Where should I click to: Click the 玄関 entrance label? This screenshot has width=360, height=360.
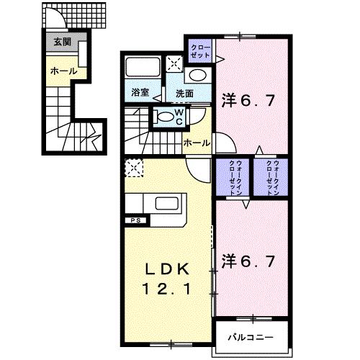click(x=60, y=42)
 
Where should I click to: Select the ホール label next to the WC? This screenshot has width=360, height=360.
click(x=197, y=143)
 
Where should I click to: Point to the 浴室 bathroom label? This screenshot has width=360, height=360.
click(x=140, y=93)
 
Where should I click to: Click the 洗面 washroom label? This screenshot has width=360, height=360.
click(x=184, y=93)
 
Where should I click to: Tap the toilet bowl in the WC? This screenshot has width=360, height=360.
click(x=164, y=117)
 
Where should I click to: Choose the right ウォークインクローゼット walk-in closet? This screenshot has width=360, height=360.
click(x=270, y=176)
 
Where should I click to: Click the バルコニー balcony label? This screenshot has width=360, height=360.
click(x=251, y=336)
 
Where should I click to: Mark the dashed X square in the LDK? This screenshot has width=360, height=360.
click(x=133, y=168)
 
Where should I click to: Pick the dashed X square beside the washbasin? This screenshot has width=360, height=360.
click(x=174, y=62)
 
